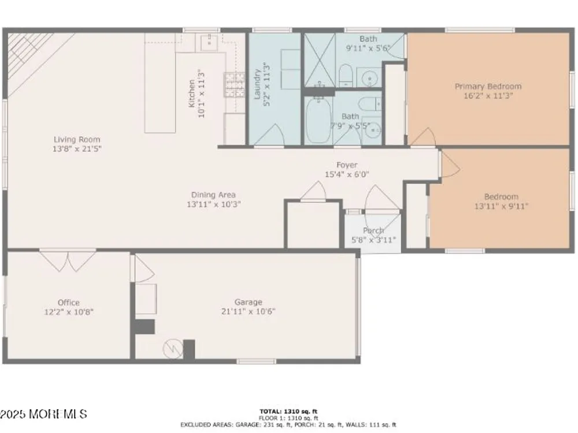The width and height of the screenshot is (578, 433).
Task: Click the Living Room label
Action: (77, 140)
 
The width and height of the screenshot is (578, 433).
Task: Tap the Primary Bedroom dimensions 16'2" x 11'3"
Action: (488, 96)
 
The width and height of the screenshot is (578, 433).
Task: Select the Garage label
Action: (249, 302)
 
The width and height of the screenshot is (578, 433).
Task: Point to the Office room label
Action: (69, 303)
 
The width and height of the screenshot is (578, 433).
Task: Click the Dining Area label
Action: (213, 195)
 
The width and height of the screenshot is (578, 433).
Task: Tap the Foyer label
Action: (347, 165)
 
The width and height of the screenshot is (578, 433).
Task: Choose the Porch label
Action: (373, 230)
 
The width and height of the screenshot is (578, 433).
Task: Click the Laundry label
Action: (257, 84)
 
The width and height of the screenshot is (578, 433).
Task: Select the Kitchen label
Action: (192, 94)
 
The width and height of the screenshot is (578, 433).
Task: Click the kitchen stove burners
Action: (235, 85)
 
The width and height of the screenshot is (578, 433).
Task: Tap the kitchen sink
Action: (209, 42)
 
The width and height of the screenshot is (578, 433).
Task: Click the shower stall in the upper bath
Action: (319, 60)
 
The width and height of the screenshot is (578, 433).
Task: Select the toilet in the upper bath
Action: (346, 75)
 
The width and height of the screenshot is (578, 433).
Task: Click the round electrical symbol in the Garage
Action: (173, 349)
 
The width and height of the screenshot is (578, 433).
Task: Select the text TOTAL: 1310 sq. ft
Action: (288, 412)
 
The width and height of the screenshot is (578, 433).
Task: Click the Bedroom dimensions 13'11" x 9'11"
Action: (501, 206)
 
